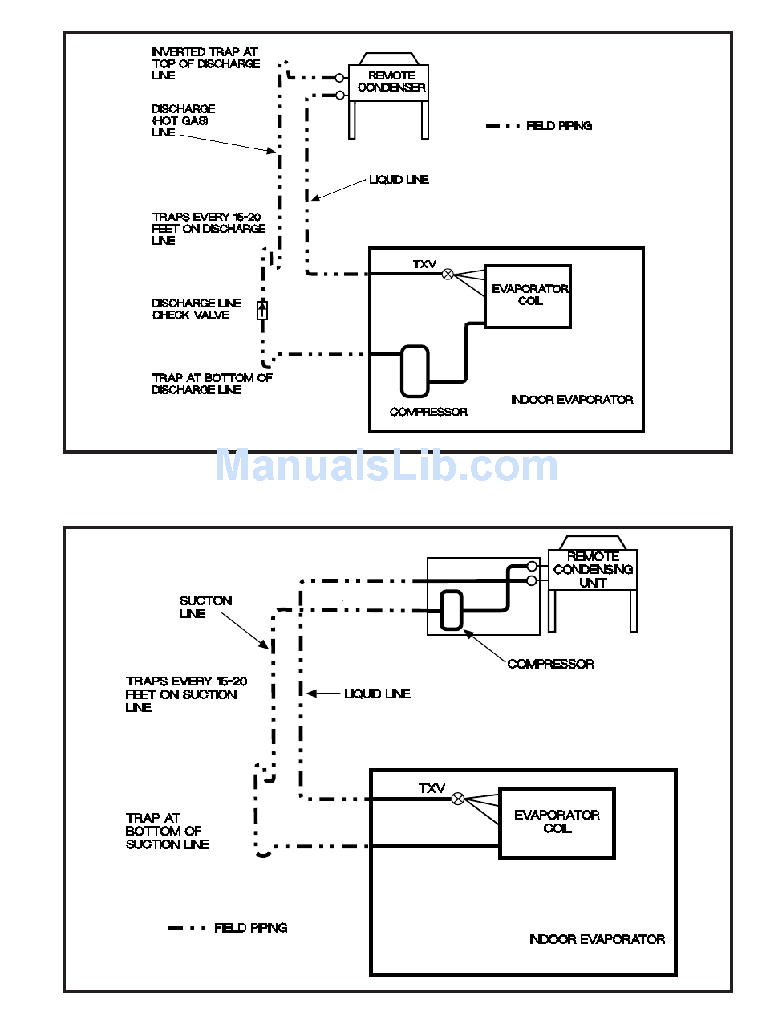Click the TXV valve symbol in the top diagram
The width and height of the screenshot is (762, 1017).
pyautogui.click(x=448, y=274)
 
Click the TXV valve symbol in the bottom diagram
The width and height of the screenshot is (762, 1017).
pyautogui.click(x=458, y=799)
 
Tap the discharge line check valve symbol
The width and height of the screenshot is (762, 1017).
pyautogui.click(x=261, y=310)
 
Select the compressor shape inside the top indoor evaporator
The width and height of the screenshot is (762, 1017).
pyautogui.click(x=415, y=371)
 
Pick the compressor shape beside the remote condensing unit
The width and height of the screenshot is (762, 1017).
pyautogui.click(x=452, y=610)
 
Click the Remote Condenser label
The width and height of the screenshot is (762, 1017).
pyautogui.click(x=391, y=81)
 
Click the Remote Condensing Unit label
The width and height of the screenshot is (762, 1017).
pyautogui.click(x=593, y=569)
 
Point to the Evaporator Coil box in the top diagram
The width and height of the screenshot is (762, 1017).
pyautogui.click(x=528, y=295)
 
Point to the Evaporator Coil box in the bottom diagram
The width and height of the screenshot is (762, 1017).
pyautogui.click(x=557, y=823)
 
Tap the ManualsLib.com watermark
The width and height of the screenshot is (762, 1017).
pyautogui.click(x=386, y=466)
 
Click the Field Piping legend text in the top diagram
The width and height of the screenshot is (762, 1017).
pyautogui.click(x=559, y=126)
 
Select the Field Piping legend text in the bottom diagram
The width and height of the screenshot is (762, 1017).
pyautogui.click(x=250, y=928)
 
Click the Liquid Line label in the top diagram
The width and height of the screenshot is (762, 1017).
pyautogui.click(x=399, y=180)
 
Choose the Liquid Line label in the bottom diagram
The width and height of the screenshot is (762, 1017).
pyautogui.click(x=377, y=694)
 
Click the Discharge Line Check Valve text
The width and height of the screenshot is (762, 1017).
pyautogui.click(x=197, y=309)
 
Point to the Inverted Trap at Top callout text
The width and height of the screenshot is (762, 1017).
pyautogui.click(x=206, y=63)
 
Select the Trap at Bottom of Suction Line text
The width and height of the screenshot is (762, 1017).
pyautogui.click(x=167, y=831)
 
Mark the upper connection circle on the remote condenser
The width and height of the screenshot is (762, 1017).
pyautogui.click(x=340, y=78)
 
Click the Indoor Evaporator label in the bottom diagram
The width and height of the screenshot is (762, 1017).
pyautogui.click(x=597, y=939)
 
